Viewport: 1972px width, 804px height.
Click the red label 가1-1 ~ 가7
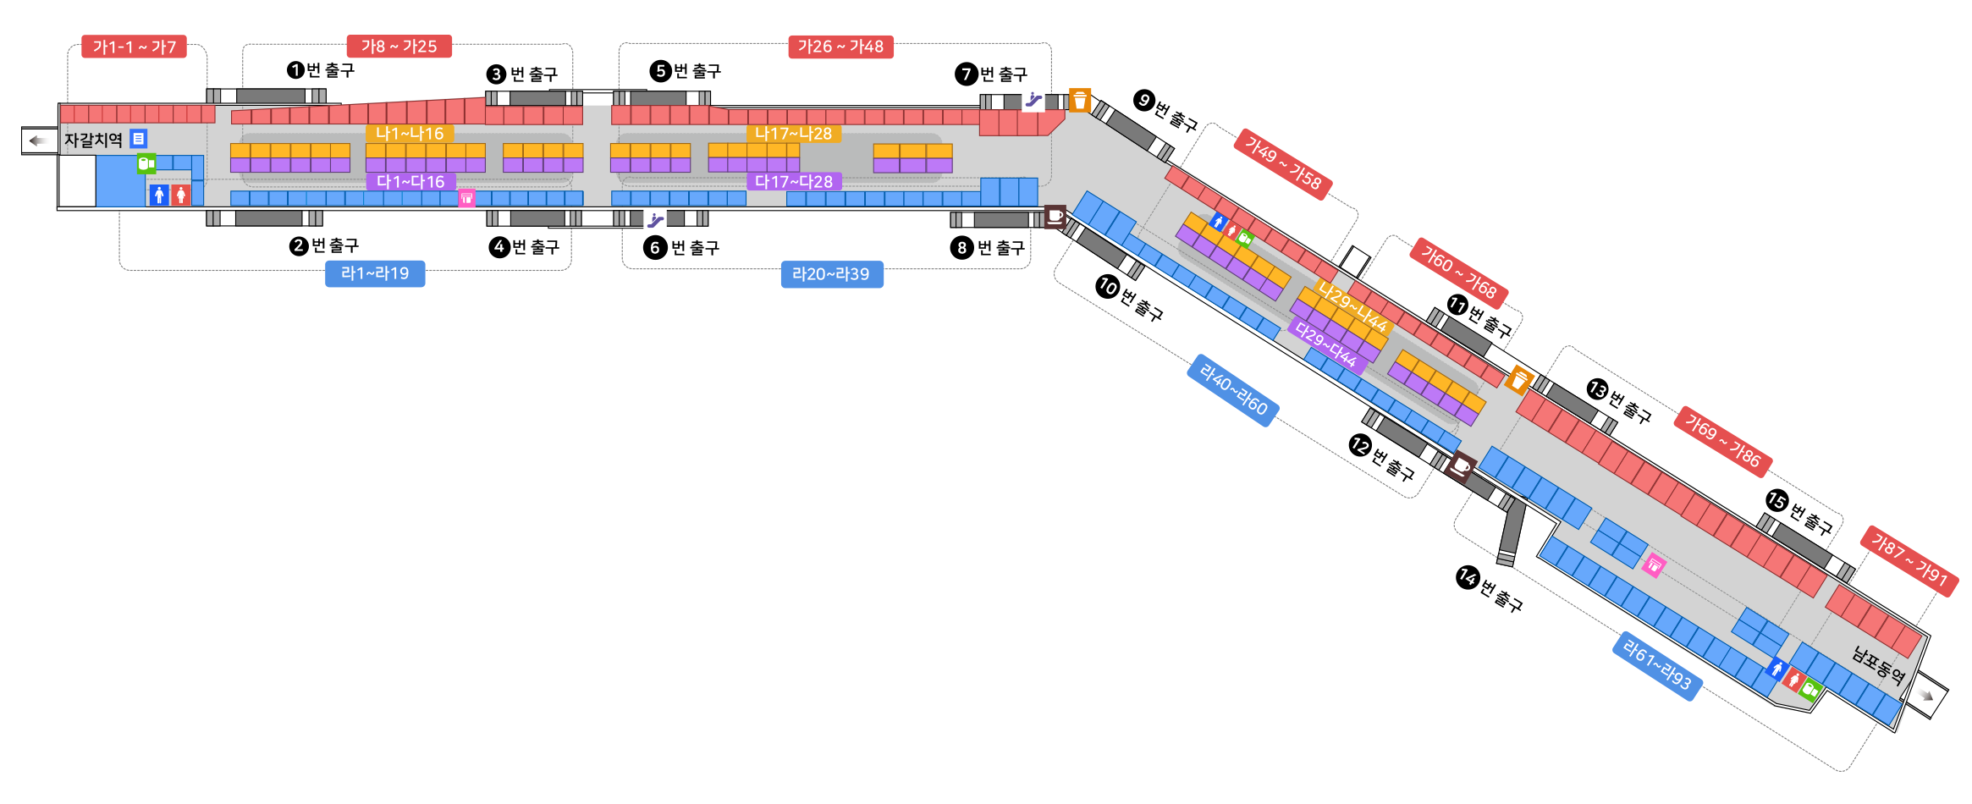point(134,47)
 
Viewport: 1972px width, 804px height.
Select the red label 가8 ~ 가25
point(399,47)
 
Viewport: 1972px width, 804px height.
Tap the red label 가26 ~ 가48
point(840,47)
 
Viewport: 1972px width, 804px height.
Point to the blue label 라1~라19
point(374,273)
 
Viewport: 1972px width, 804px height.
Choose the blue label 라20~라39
point(830,274)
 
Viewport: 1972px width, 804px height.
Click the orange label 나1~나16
point(410,134)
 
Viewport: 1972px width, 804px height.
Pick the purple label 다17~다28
point(793,182)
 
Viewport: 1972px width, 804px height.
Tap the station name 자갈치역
point(93,140)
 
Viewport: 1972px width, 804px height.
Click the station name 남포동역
point(1878,665)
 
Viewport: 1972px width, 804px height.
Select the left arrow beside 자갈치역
point(37,140)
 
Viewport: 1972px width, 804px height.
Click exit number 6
point(654,248)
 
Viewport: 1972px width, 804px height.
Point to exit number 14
point(1468,576)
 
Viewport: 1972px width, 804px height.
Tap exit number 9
point(1144,100)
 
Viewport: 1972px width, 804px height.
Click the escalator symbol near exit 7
point(1033,99)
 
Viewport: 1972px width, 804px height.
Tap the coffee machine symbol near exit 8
point(1055,217)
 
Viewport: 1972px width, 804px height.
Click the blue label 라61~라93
point(1657,665)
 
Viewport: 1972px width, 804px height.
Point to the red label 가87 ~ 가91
point(1909,560)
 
